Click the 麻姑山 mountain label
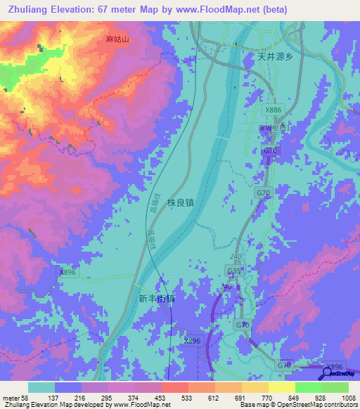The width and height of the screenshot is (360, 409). pos(117,40)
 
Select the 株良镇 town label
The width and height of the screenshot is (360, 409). pos(181,202)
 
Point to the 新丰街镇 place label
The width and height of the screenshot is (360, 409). pos(156,298)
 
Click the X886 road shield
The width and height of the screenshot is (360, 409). pos(274,110)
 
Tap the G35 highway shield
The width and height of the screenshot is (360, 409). pos(234,271)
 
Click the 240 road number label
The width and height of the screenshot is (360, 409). pos(235,257)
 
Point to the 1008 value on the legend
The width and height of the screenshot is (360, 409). pos(340,397)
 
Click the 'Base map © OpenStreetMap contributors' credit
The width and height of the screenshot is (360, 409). pos(297,405)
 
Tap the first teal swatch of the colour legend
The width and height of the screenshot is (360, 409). pos(41,387)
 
